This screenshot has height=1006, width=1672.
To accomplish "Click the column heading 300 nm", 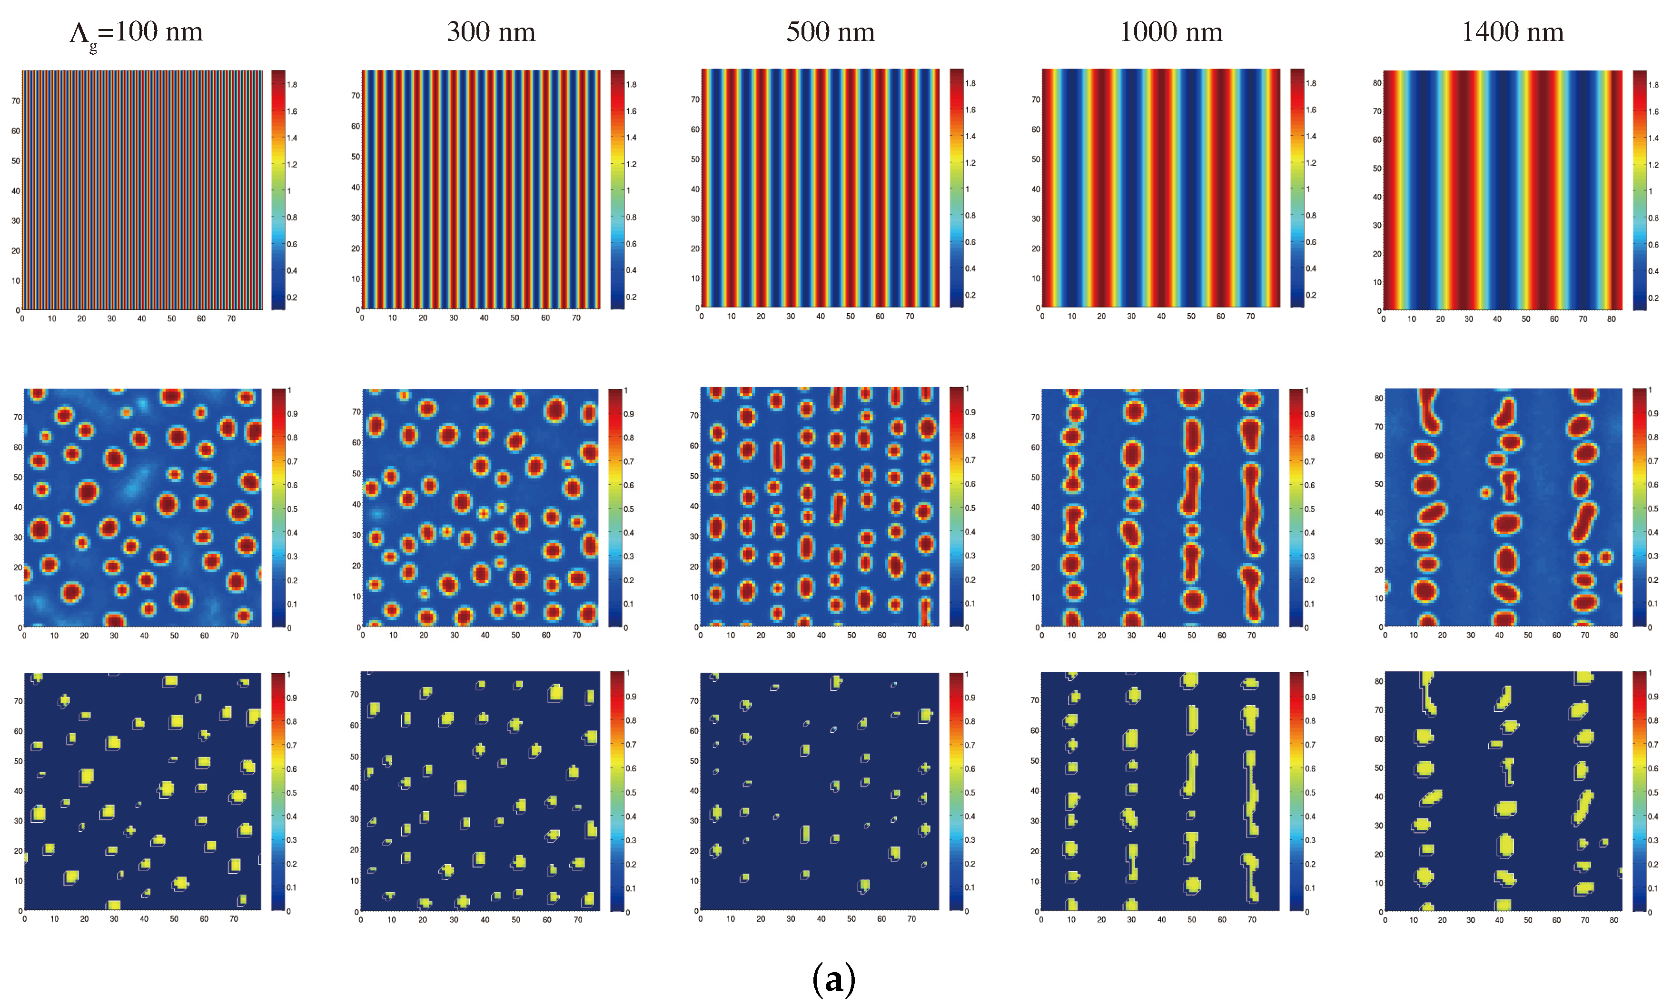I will tap(491, 32).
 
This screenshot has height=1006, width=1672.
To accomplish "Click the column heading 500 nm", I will tap(830, 32).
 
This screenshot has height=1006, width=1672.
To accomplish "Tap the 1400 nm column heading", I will tap(1512, 32).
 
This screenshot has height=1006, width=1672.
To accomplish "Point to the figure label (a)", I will tap(833, 978).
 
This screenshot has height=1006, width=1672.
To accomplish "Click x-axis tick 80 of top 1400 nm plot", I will tap(1611, 319).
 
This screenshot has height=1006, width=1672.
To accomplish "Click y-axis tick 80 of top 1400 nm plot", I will tap(1376, 83).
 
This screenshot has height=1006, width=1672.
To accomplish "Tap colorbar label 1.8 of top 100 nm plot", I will tap(292, 85).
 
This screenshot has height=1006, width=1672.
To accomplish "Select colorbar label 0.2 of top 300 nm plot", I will tap(631, 297).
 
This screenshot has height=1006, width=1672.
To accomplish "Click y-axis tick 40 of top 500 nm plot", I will tap(694, 189).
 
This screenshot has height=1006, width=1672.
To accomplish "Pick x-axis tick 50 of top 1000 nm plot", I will tap(1190, 317).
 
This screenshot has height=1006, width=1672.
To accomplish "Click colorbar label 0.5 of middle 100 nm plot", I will tap(292, 509).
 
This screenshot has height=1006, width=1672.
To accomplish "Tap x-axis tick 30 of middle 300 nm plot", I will tap(454, 635).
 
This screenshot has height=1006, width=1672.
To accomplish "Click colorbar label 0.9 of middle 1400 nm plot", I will tap(1653, 414).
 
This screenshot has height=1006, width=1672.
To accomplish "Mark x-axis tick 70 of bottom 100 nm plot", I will tap(234, 918).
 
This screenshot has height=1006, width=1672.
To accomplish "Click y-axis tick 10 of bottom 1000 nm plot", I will tap(1035, 881).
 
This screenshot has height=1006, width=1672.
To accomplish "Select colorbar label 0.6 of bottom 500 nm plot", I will tap(970, 769).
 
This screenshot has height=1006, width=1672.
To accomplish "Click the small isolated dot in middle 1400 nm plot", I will tap(1485, 492).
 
